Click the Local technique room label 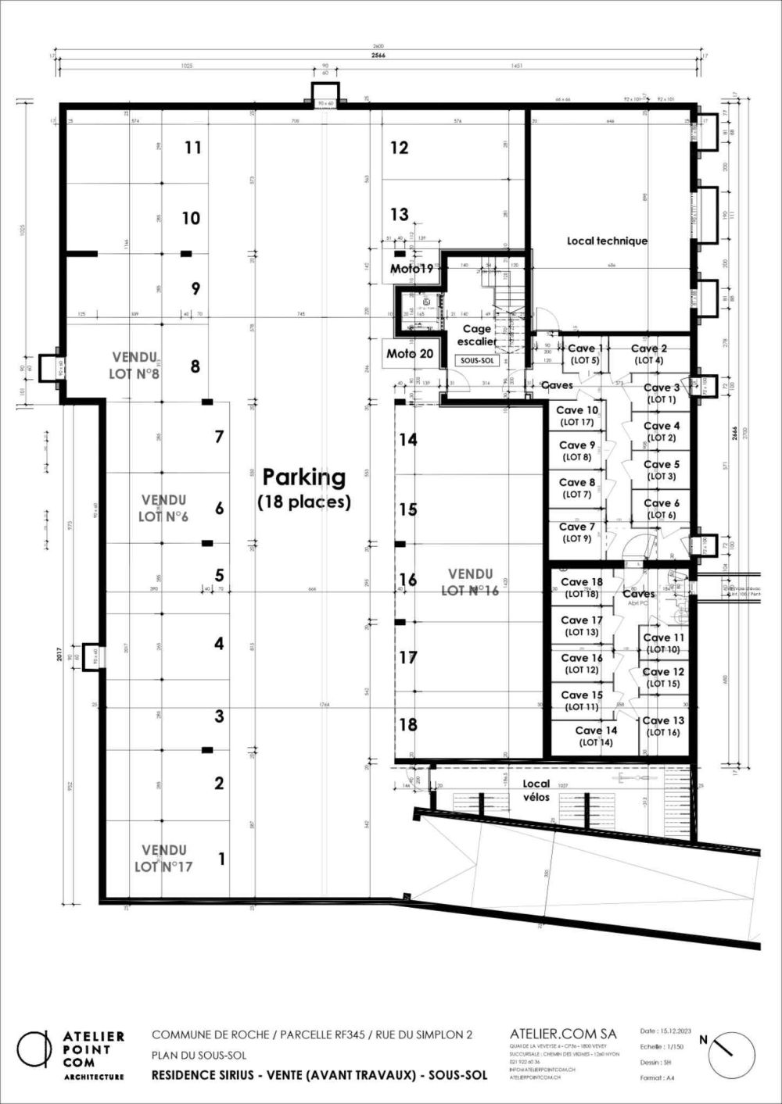(x=607, y=241)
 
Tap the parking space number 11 (x=193, y=148)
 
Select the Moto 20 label (x=410, y=354)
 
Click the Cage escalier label (x=476, y=335)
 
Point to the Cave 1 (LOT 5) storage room (x=585, y=355)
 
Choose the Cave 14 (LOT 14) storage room (x=596, y=737)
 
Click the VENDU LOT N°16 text (x=470, y=582)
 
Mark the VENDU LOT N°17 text (x=163, y=858)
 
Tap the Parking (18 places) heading (x=303, y=488)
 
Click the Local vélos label (x=536, y=790)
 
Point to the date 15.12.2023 (x=663, y=1032)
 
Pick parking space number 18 (x=408, y=724)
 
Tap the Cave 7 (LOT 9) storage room (x=577, y=533)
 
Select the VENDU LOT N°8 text (x=135, y=365)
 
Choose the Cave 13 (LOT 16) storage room (x=663, y=727)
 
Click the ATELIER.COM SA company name (x=562, y=1034)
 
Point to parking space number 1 (x=222, y=859)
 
